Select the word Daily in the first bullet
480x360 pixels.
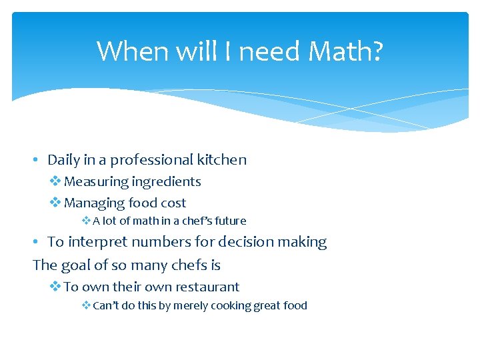(64, 160)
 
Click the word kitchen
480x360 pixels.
(221, 160)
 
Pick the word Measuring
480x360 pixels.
(96, 182)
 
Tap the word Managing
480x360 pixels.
(94, 203)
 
